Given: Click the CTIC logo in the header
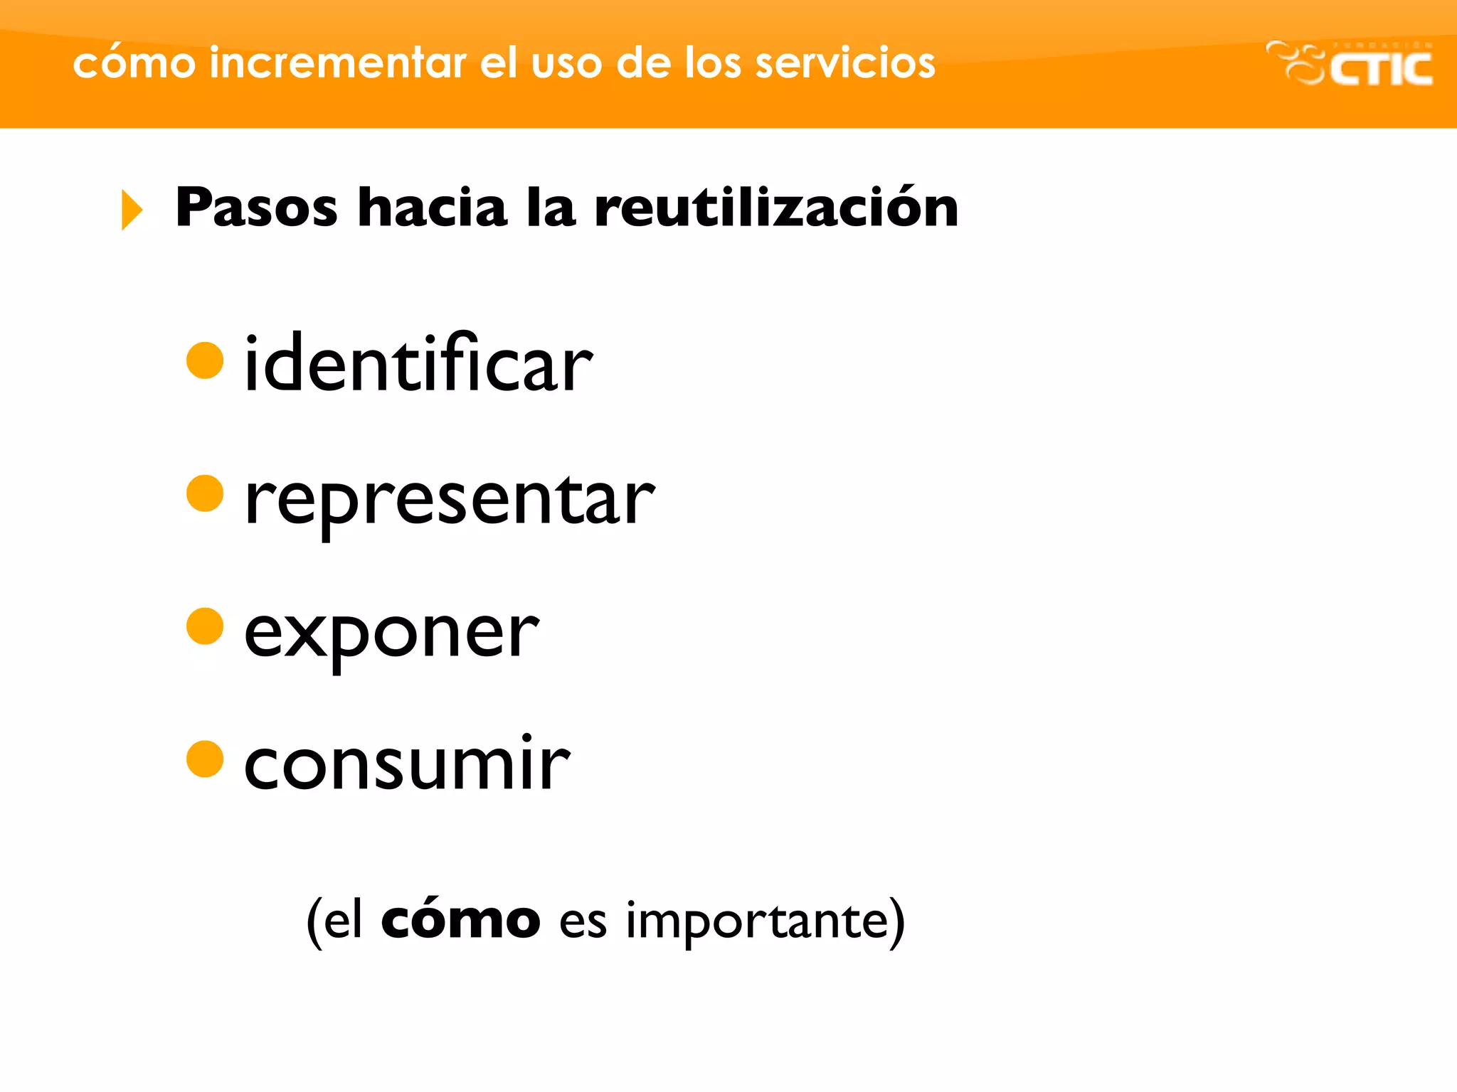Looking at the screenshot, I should pyautogui.click(x=1350, y=64).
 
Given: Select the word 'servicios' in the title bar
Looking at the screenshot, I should pyautogui.click(x=844, y=63).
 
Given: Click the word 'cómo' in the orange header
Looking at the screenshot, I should pyautogui.click(x=134, y=63).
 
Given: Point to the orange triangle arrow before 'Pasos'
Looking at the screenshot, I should pyautogui.click(x=132, y=210).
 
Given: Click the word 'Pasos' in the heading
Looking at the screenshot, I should pyautogui.click(x=256, y=208).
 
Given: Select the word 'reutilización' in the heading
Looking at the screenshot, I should pyautogui.click(x=776, y=208).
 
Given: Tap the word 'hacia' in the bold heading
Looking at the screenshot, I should pyautogui.click(x=433, y=208).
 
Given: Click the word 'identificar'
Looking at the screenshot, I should pyautogui.click(x=418, y=364).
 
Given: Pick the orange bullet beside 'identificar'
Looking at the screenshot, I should pyautogui.click(x=205, y=360).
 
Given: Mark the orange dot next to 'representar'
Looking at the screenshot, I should pyautogui.click(x=205, y=493).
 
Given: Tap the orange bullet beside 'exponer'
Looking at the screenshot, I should pyautogui.click(x=205, y=626).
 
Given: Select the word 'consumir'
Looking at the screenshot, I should pyautogui.click(x=407, y=764).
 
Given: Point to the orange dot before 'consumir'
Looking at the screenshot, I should pyautogui.click(x=205, y=759).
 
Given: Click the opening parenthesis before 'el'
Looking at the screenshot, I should pyautogui.click(x=314, y=922).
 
